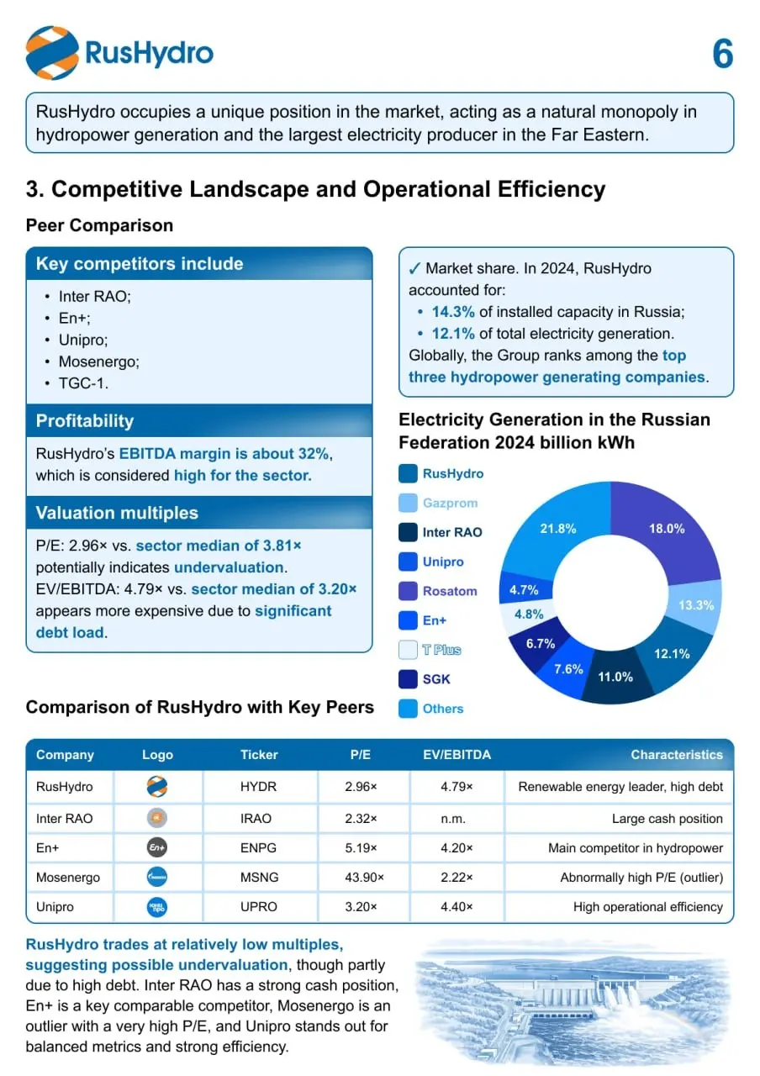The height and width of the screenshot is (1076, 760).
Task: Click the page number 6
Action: [722, 53]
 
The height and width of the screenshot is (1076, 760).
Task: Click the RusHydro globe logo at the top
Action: [52, 53]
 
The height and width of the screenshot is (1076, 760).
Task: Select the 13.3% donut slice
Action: [695, 606]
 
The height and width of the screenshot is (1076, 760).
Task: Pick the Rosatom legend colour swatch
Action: [408, 591]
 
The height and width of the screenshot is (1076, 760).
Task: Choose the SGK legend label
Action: [436, 679]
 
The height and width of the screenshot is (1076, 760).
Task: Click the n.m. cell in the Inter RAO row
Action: [453, 819]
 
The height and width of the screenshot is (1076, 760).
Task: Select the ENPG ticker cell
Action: [258, 848]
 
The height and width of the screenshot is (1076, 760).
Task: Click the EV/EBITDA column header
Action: [457, 755]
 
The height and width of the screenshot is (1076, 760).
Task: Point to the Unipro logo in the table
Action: [157, 907]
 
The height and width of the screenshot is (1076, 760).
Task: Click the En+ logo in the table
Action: [157, 847]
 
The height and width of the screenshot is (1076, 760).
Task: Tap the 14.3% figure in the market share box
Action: [453, 312]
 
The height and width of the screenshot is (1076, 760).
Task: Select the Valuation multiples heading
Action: [117, 513]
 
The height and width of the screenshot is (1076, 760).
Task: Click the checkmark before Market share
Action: [414, 268]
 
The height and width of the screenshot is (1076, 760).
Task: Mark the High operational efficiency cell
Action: [647, 907]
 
